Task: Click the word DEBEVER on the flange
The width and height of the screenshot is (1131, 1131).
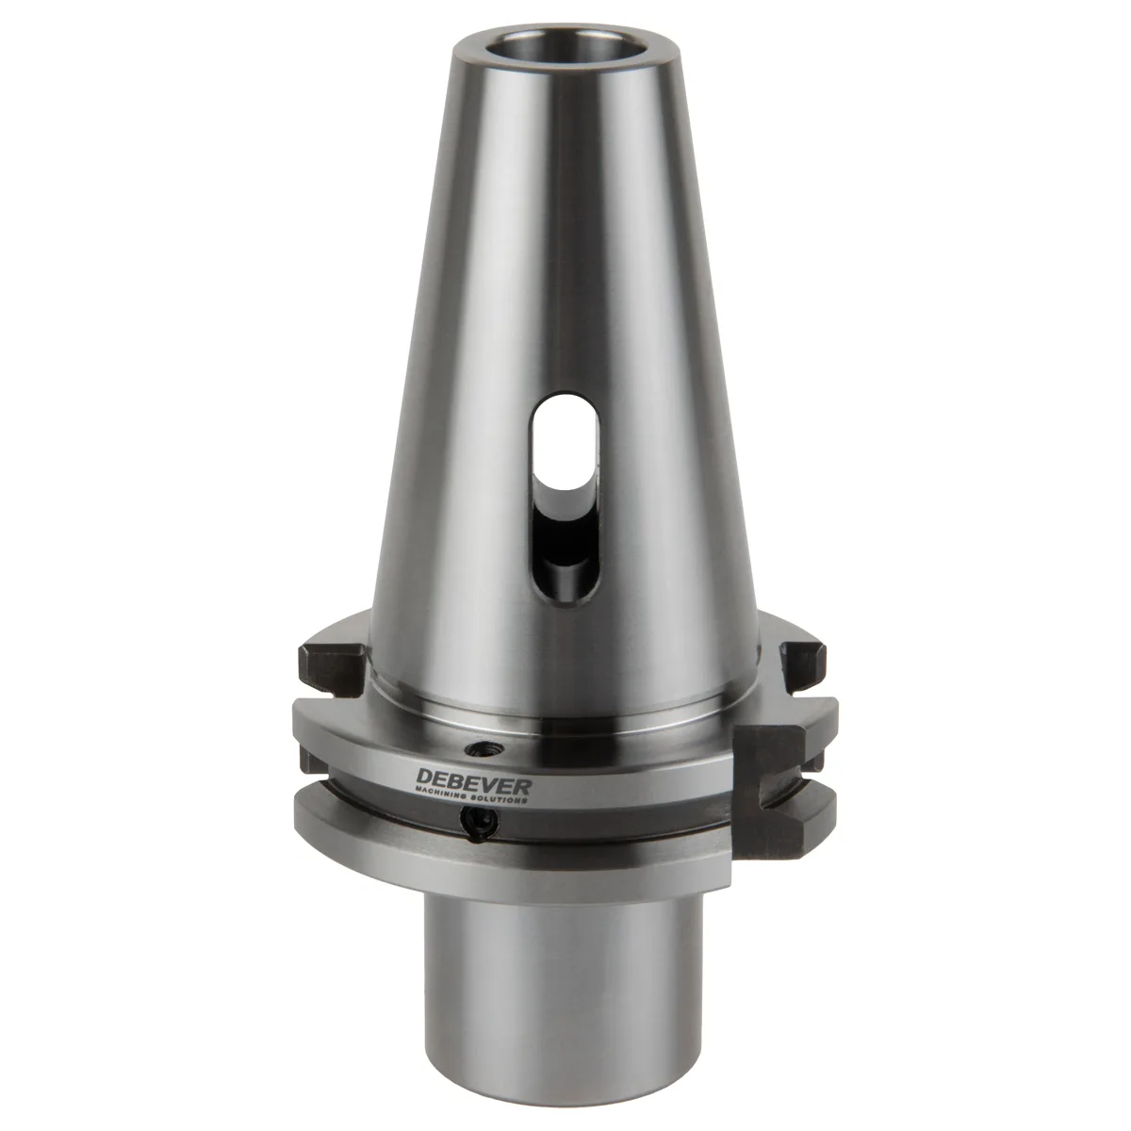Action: (x=473, y=783)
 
